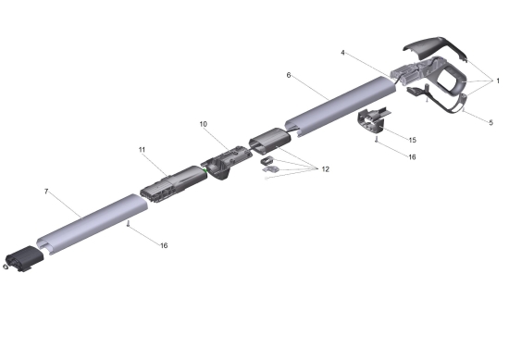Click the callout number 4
[342, 53]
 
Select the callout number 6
[289, 75]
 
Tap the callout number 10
[204, 124]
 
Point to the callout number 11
[142, 150]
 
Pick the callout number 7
[46, 192]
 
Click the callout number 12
[325, 169]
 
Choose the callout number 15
[412, 140]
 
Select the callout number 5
[491, 122]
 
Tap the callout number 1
[498, 81]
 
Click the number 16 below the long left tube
[164, 245]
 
